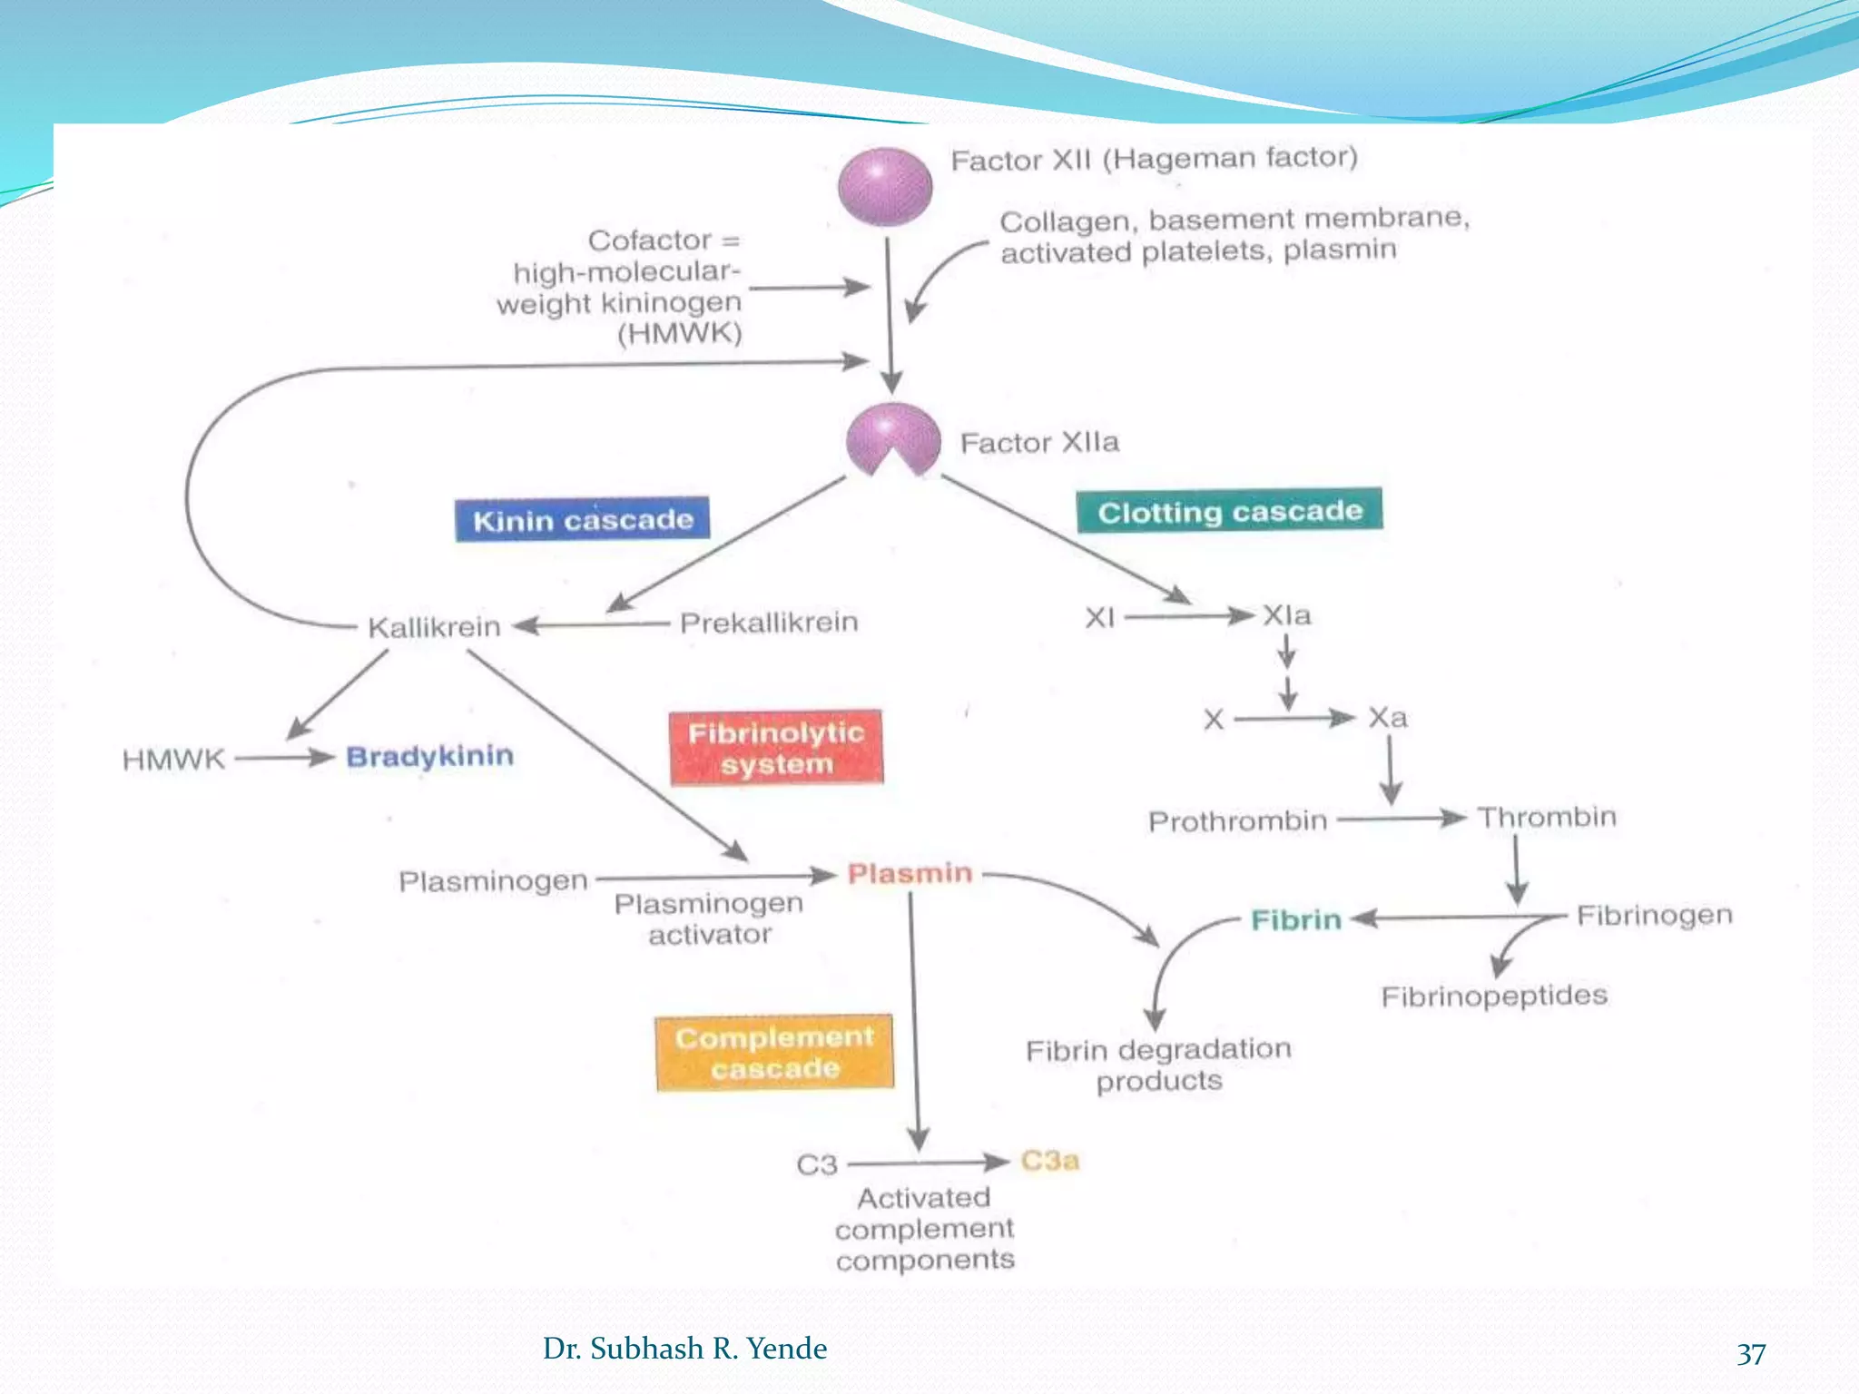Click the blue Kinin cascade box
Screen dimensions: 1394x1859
[x=582, y=520]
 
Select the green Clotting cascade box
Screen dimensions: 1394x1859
[x=1229, y=511]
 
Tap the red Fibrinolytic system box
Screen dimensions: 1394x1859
[x=776, y=748]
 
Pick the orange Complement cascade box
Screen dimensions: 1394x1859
[x=774, y=1053]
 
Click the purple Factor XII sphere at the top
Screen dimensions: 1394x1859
[x=884, y=187]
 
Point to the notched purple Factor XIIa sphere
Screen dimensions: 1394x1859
[x=892, y=437]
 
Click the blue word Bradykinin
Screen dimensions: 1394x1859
[x=429, y=756]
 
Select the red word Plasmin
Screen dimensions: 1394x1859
[x=910, y=873]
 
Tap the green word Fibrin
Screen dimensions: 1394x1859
[x=1295, y=920]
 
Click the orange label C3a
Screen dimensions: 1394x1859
[x=1050, y=1161]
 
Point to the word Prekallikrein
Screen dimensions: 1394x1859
[x=769, y=623]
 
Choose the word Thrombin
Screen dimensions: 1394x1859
[x=1547, y=817]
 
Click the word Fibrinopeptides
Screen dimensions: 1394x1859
[x=1494, y=996]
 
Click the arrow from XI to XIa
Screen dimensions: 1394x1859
[x=1189, y=617]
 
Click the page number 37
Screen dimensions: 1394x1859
[x=1751, y=1353]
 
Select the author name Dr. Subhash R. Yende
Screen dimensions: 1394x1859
[x=684, y=1349]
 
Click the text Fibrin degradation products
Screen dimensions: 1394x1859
[x=1158, y=1065]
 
